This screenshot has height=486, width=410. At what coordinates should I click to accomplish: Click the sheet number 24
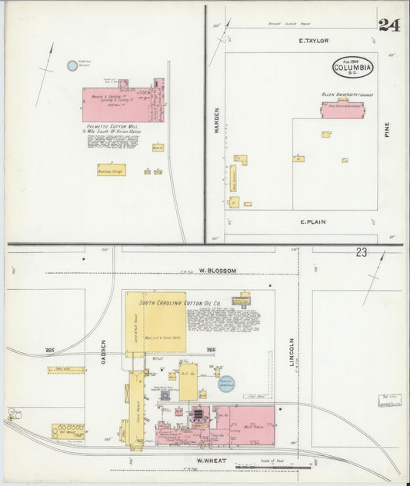(x=388, y=25)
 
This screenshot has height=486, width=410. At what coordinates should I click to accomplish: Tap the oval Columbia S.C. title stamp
(x=353, y=67)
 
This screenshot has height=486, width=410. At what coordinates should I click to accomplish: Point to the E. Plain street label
(x=312, y=222)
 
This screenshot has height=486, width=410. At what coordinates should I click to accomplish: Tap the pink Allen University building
(x=342, y=109)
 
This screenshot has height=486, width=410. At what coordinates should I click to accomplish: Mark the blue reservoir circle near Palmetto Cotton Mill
(x=72, y=66)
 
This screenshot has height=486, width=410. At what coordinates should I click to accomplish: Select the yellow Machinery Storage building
(x=112, y=170)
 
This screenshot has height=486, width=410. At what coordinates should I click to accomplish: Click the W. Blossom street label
(x=217, y=271)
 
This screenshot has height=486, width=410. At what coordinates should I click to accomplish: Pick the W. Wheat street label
(x=208, y=461)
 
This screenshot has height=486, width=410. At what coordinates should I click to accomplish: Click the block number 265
(x=50, y=351)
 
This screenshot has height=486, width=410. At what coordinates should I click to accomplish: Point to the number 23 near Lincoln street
(x=362, y=252)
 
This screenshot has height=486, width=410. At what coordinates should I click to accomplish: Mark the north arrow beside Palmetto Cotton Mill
(x=48, y=65)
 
